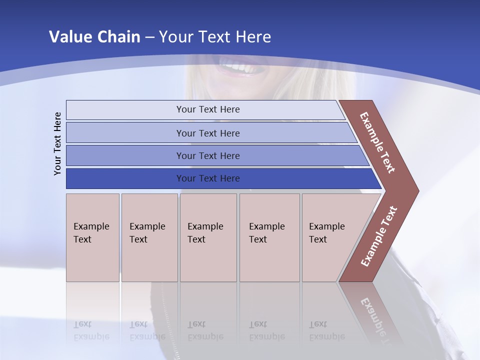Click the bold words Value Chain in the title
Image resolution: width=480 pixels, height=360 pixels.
pos(94,37)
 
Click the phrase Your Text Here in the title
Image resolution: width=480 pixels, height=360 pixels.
pos(215,37)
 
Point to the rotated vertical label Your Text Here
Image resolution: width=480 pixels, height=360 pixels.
pos(57,143)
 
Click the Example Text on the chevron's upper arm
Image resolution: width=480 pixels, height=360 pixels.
pos(377,142)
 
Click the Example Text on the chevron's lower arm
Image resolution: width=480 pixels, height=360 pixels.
pos(379,236)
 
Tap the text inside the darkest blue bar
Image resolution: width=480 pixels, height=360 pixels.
pos(208,178)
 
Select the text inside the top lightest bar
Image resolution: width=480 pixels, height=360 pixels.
pos(208,109)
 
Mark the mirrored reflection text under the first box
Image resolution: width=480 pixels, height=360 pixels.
pos(91,330)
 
